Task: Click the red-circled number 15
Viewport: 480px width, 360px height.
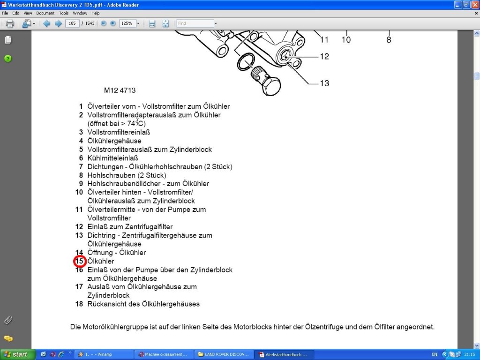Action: click(x=79, y=261)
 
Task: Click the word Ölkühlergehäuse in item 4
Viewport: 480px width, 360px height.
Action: click(x=114, y=141)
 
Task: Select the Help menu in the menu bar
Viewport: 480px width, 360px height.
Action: click(x=96, y=13)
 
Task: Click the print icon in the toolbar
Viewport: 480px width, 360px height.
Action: click(x=10, y=23)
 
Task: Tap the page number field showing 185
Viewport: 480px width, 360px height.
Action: click(x=72, y=23)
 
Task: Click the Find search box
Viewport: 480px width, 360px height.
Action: click(x=195, y=23)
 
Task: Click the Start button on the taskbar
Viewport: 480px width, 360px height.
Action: click(x=18, y=354)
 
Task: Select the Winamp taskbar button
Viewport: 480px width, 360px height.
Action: click(x=103, y=354)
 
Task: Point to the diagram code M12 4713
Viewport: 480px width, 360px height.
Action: click(x=120, y=90)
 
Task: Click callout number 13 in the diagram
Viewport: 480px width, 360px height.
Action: click(x=324, y=83)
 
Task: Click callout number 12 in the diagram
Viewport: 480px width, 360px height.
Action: click(x=324, y=56)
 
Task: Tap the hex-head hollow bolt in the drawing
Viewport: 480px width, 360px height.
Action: click(x=266, y=81)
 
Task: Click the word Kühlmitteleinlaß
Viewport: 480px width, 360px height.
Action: click(x=112, y=158)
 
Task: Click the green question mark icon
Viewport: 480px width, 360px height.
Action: click(x=8, y=59)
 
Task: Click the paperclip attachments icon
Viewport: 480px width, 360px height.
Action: click(x=8, y=320)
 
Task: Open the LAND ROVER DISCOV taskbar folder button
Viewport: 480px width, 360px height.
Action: click(x=224, y=354)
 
